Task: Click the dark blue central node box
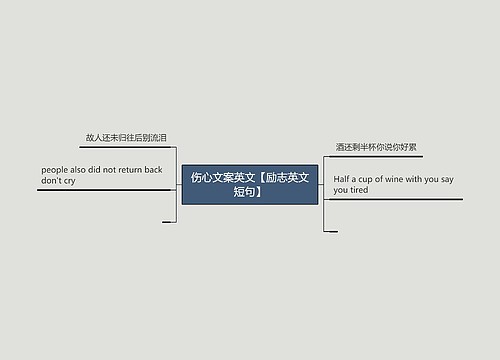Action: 250,184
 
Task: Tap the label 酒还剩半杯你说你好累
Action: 376,147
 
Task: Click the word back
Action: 153,170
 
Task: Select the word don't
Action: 52,181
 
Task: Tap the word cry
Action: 69,181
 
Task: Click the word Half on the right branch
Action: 343,179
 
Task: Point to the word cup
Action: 367,179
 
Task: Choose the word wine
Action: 393,179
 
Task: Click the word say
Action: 447,179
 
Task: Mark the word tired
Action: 359,190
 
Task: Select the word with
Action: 414,179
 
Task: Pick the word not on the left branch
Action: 109,170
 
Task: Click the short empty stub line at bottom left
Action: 168,222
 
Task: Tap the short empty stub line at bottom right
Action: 331,231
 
